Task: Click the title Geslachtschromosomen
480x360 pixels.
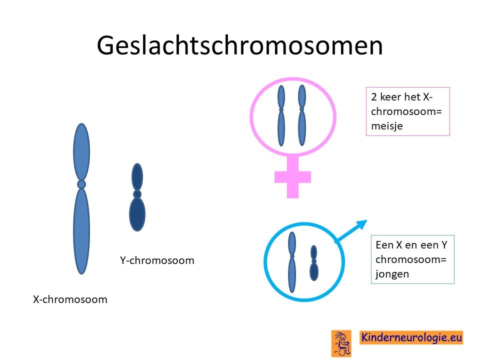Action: (239, 46)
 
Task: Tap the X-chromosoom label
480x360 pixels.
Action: (70, 299)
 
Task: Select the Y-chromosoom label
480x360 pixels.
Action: (157, 260)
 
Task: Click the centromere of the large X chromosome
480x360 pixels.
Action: (81, 184)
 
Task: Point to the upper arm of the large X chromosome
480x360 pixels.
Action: (81, 152)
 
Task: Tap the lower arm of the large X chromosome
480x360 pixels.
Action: (81, 231)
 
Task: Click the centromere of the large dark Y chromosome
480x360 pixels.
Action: (137, 194)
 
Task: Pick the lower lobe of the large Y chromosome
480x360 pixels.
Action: (137, 214)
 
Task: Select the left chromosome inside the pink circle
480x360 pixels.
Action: (281, 115)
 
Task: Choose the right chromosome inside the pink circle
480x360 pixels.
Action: (302, 115)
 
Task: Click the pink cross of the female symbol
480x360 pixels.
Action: (292, 177)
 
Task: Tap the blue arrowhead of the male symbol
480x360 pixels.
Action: (361, 224)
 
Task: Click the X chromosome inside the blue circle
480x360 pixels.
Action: (292, 262)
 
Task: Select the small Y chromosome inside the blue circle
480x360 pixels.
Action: (314, 263)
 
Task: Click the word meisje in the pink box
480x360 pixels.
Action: (387, 126)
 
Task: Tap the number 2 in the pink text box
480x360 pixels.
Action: (374, 97)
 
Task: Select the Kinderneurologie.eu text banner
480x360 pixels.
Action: (411, 337)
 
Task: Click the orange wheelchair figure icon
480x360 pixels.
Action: (341, 343)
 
